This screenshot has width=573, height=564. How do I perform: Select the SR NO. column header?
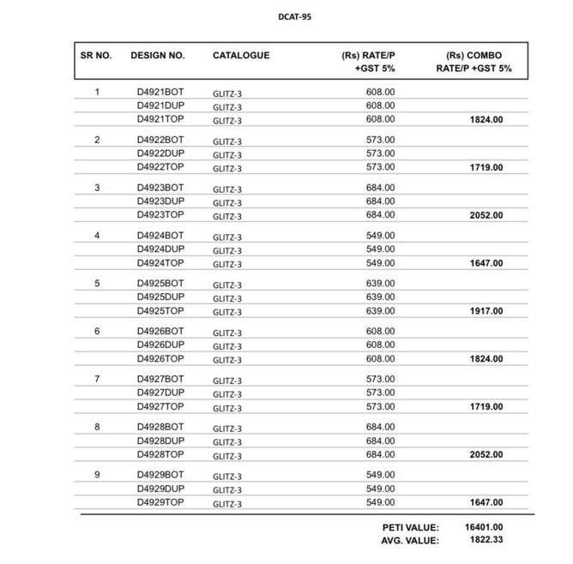click(x=96, y=55)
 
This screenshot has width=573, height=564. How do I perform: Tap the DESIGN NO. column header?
click(x=158, y=55)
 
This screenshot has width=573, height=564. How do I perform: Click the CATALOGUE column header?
click(x=241, y=55)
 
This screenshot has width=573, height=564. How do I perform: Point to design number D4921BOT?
click(x=160, y=92)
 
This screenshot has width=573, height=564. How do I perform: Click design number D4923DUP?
click(x=160, y=201)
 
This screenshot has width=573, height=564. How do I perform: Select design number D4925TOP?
click(x=160, y=311)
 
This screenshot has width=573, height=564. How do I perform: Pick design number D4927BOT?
click(x=160, y=379)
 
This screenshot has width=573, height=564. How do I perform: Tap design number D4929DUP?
click(x=160, y=489)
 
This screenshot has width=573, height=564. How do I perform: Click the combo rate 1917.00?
click(x=486, y=311)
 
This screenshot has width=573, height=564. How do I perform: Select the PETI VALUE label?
click(x=411, y=527)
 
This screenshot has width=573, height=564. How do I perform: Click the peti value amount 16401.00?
click(x=484, y=527)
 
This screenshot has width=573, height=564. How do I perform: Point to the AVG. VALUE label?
click(x=410, y=541)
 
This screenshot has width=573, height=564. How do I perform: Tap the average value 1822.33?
click(x=484, y=541)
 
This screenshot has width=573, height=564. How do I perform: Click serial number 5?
click(x=97, y=283)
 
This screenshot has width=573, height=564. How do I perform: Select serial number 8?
click(x=97, y=427)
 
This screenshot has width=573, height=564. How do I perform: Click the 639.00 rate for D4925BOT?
click(x=380, y=283)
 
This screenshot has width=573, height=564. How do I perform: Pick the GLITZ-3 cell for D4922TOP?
click(x=227, y=168)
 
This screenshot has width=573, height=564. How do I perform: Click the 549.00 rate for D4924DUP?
click(x=380, y=249)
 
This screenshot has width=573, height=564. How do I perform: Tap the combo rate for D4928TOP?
click(x=486, y=455)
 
